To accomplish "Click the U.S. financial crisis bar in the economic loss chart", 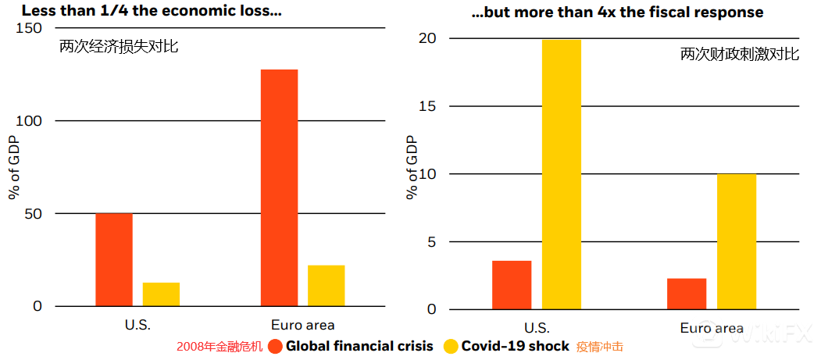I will point(114,259).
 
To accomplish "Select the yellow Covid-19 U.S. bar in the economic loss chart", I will point(161,294).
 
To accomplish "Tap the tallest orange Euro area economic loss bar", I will point(279,187).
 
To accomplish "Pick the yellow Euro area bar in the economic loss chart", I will point(326,286).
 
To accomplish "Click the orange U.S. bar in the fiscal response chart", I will point(512,285).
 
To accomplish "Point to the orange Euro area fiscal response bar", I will point(687,294).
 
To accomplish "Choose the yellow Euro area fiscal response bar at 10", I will point(736,241).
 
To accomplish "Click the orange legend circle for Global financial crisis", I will point(275,346).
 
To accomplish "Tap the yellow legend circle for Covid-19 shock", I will point(451,346).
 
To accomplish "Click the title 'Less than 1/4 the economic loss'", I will point(152,12).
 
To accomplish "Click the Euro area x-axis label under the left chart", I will point(302,325).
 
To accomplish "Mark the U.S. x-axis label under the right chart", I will point(536,327).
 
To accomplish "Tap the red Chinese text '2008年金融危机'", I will point(220,346).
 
